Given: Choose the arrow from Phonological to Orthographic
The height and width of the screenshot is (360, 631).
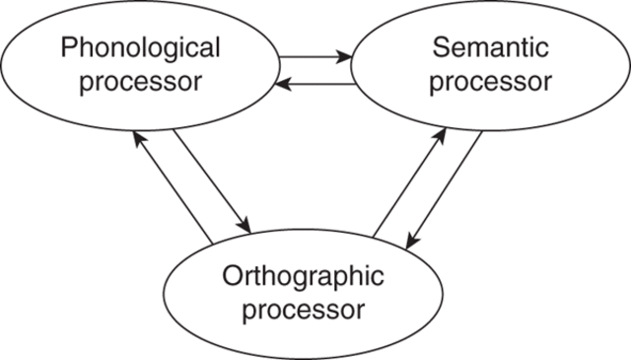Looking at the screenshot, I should pos(211,182).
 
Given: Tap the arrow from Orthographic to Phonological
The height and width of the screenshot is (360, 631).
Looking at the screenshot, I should pos(174,189).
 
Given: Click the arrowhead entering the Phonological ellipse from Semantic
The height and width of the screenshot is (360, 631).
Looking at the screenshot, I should pos(282,86).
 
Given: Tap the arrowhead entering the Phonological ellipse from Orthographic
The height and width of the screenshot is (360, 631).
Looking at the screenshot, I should pos(139,139).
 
